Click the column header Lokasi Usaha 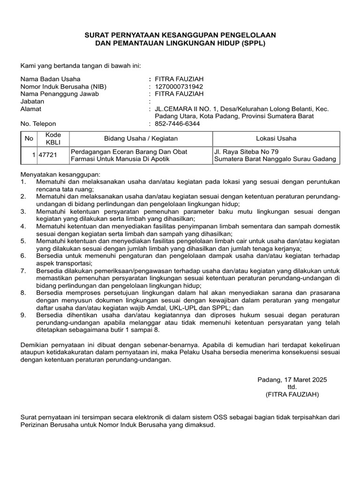click(x=276, y=138)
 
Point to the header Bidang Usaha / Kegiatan click(x=141, y=138)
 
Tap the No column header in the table click(x=29, y=138)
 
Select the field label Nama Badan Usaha click(x=51, y=79)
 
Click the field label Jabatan click(x=33, y=102)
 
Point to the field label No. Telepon click(x=38, y=124)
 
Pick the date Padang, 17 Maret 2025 click(x=292, y=380)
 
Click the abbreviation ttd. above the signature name click(x=292, y=387)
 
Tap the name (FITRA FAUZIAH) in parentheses click(x=292, y=395)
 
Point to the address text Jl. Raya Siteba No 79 click(x=246, y=151)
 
